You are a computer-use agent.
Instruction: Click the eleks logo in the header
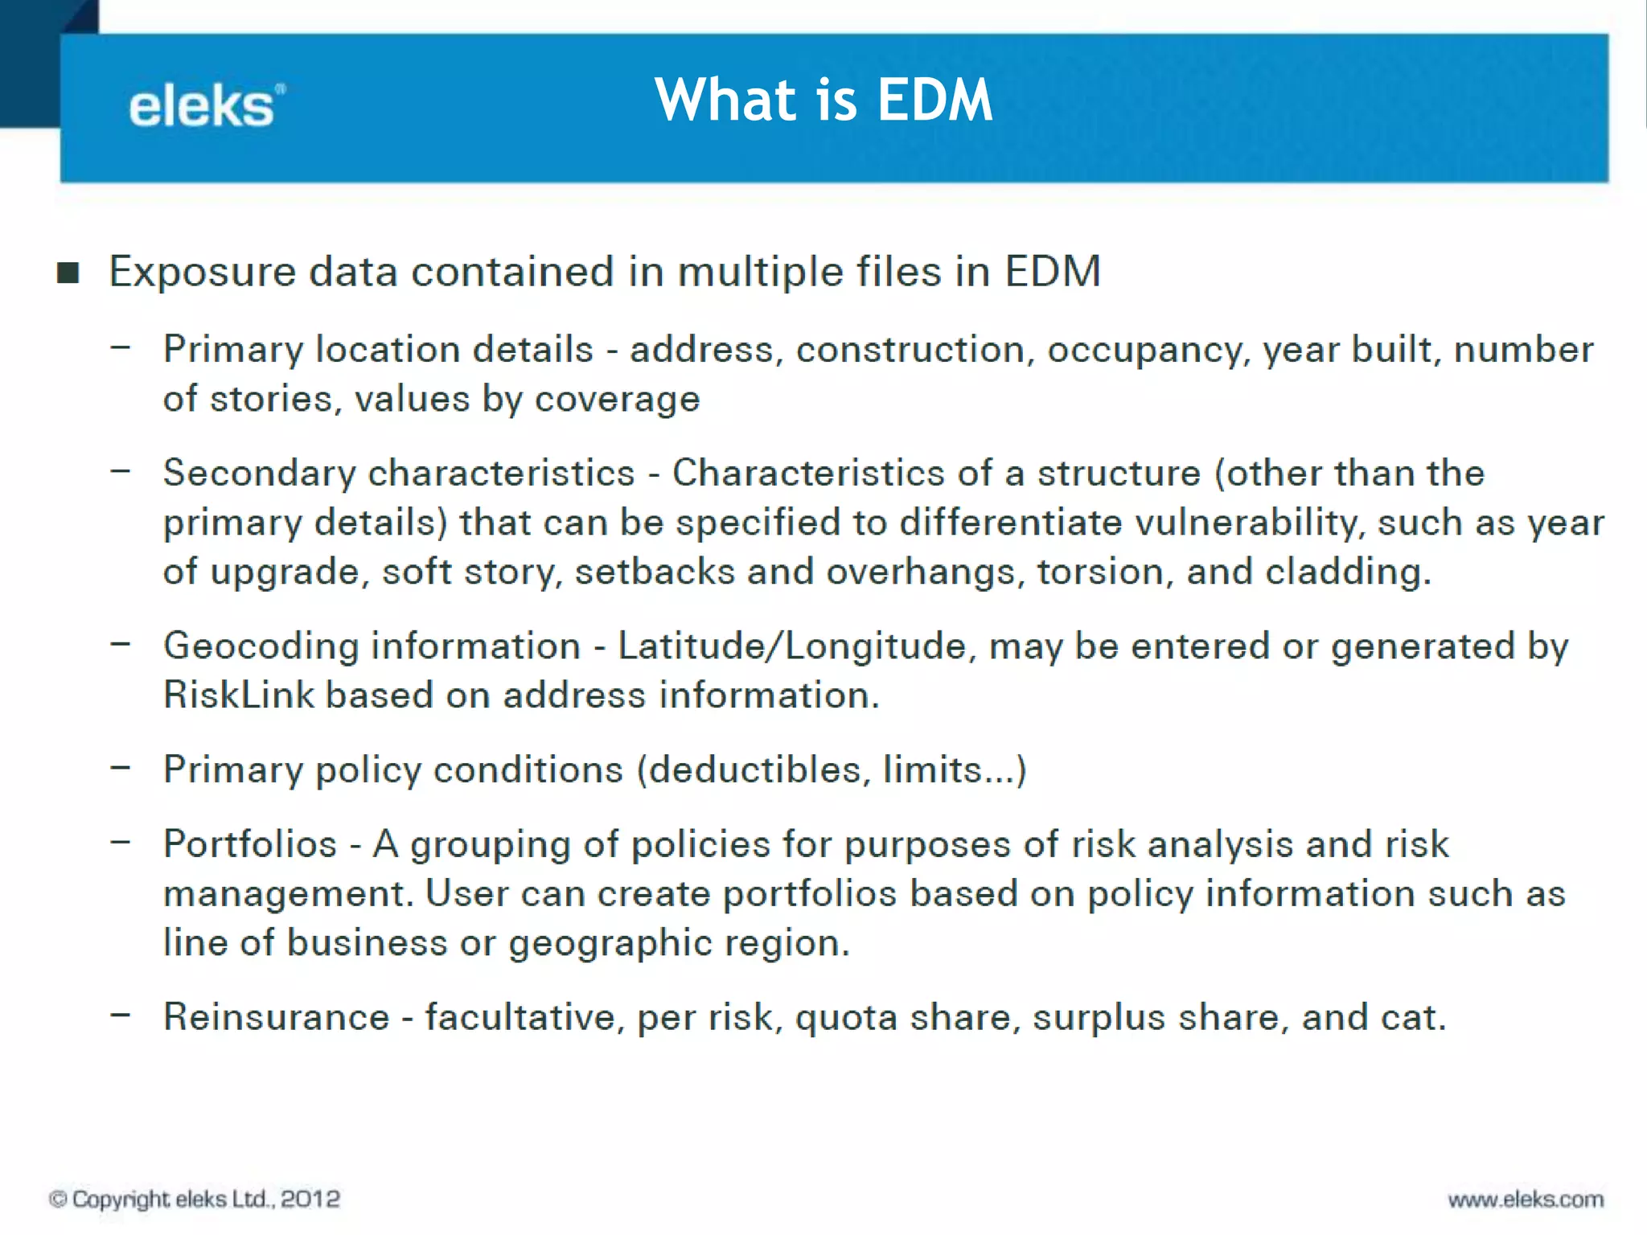coord(206,107)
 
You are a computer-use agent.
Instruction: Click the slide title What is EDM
coord(823,100)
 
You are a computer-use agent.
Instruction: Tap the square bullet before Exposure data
coord(68,273)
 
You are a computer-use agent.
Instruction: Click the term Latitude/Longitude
coord(791,646)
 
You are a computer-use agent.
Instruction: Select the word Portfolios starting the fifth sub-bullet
coord(250,845)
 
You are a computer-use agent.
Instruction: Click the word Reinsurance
coord(276,1018)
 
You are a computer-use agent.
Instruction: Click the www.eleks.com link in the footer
coord(1526,1200)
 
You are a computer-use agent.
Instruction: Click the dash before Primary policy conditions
coord(121,768)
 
